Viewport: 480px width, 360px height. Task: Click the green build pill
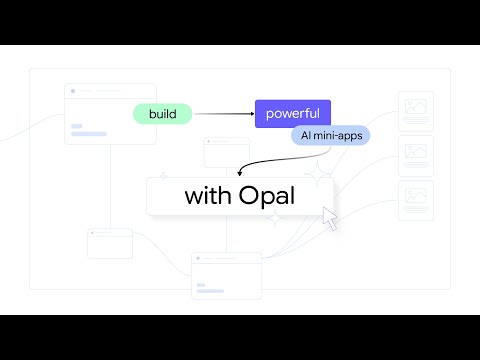point(162,114)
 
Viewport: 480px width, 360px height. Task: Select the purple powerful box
point(292,114)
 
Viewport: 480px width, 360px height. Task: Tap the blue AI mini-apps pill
point(330,135)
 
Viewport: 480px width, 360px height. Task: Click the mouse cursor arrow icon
point(330,218)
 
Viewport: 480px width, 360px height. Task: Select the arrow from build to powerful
point(222,114)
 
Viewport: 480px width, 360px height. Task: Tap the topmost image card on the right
point(415,111)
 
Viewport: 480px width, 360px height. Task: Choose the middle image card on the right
point(415,156)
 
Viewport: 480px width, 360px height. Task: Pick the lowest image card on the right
point(415,200)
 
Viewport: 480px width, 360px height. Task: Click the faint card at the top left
point(110,113)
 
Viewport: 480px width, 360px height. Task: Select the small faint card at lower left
point(110,243)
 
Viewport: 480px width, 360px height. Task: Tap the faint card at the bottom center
point(226,275)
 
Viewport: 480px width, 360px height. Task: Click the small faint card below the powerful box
point(226,153)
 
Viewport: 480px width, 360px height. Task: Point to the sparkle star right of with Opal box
point(320,176)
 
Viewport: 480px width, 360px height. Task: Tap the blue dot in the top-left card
point(73,91)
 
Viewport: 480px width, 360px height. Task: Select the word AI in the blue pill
point(308,135)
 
